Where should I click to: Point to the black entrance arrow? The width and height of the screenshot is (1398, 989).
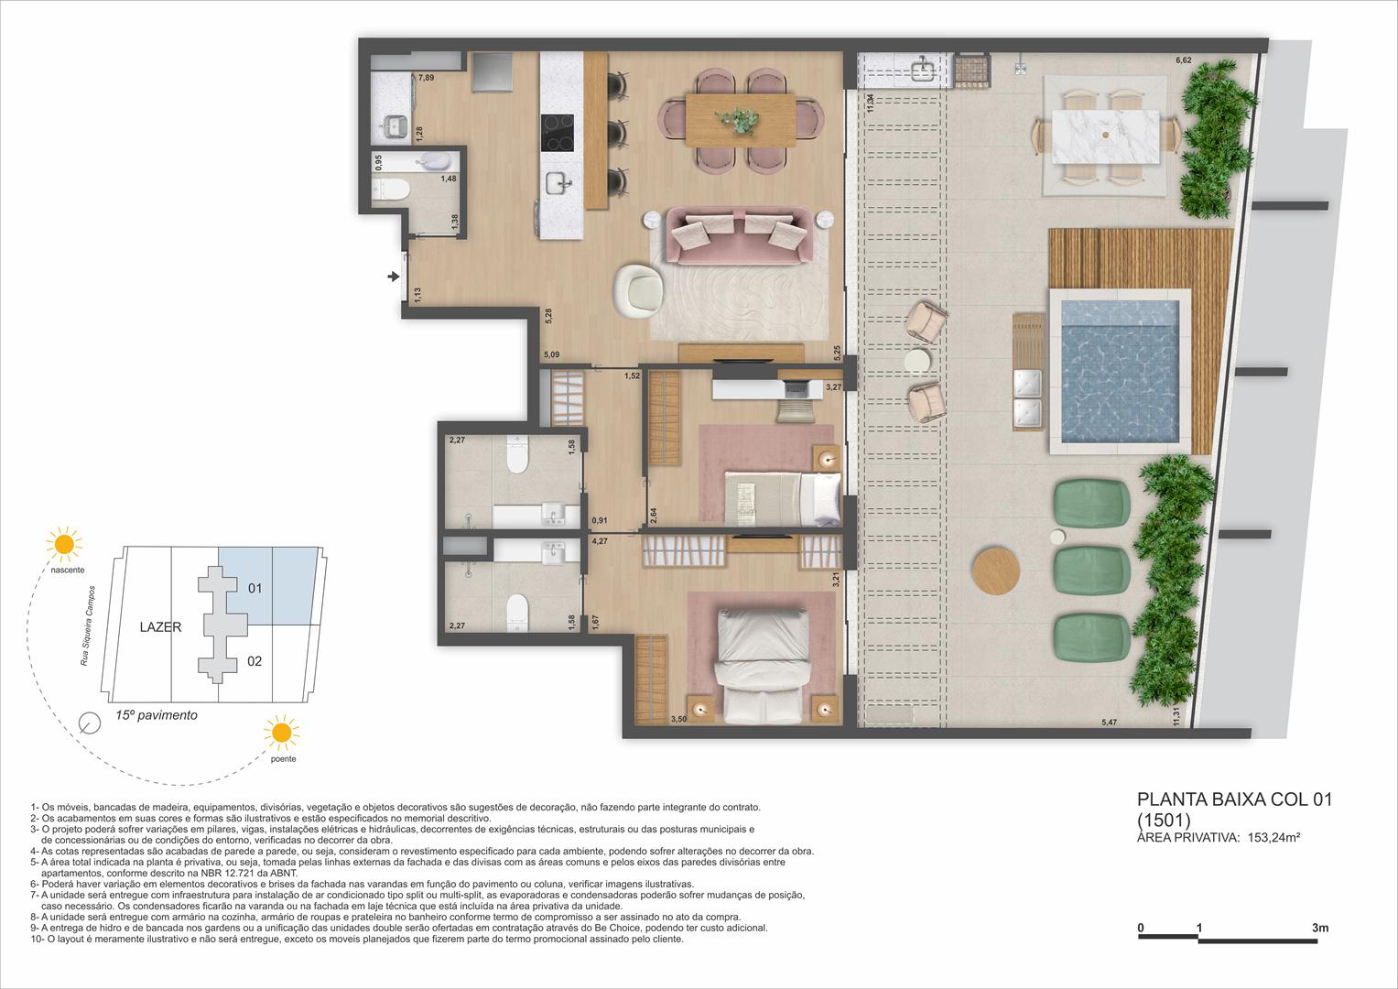click(394, 276)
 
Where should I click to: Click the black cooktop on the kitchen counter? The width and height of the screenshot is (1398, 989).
click(557, 132)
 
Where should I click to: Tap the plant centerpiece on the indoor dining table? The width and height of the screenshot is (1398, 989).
click(740, 119)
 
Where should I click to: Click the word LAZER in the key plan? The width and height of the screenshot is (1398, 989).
click(160, 627)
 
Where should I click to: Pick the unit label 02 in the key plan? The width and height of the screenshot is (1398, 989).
click(255, 660)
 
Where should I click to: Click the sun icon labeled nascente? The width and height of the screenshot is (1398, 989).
click(65, 544)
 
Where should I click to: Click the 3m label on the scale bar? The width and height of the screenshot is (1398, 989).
click(1319, 928)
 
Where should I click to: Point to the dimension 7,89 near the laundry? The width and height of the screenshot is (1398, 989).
click(427, 78)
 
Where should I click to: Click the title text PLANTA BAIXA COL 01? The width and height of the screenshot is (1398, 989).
click(1233, 799)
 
